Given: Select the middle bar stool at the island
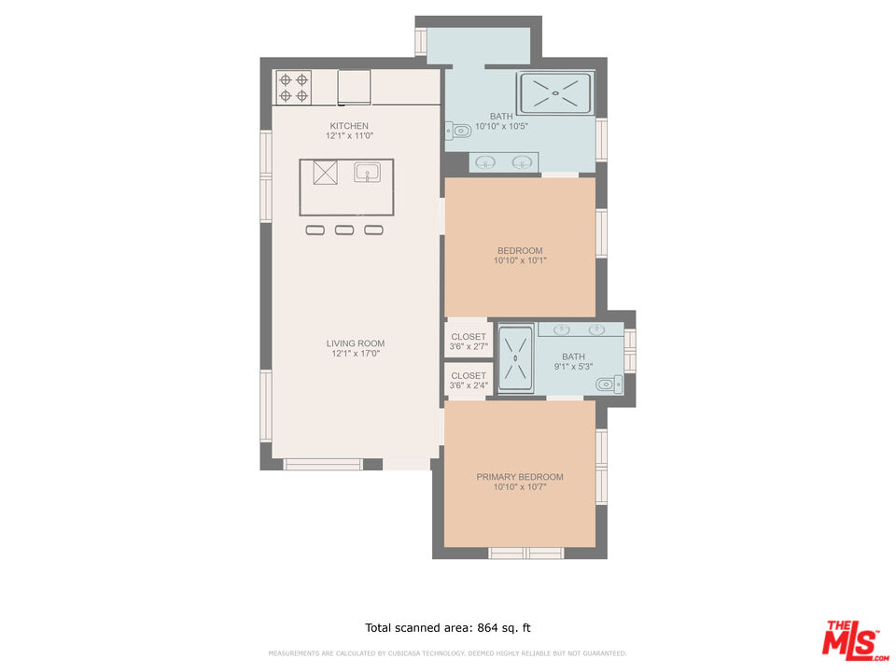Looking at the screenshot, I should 344,230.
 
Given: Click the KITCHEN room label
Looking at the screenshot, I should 349,126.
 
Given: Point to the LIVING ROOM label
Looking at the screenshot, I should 356,343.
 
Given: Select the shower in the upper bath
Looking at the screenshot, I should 555,92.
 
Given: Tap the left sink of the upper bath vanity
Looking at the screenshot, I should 486,162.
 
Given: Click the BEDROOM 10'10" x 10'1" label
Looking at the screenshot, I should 520,250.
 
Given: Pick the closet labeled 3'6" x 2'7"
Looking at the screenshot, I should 469,342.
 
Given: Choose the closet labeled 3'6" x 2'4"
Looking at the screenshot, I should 469,380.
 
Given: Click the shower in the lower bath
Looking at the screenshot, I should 515,357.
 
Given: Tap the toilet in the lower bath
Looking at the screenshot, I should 609,382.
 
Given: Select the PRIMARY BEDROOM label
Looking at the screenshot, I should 520,477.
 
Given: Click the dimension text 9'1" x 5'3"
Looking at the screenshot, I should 573,367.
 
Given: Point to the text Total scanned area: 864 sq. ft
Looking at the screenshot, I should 447,628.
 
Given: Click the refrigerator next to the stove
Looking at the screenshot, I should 354,87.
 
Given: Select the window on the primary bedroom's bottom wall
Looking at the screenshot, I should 526,553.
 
